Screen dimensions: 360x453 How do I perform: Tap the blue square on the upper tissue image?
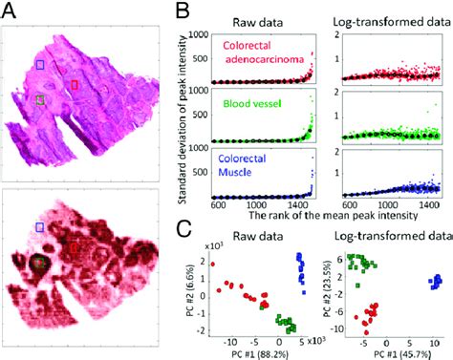(x=39, y=64)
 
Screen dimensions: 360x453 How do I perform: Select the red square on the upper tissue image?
(x=75, y=85)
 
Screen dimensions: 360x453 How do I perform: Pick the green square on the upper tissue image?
(x=38, y=99)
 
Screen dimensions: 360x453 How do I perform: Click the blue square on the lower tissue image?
(x=39, y=226)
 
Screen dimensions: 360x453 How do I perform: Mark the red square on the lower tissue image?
(x=75, y=248)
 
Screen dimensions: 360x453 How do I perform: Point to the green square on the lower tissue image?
(x=38, y=262)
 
